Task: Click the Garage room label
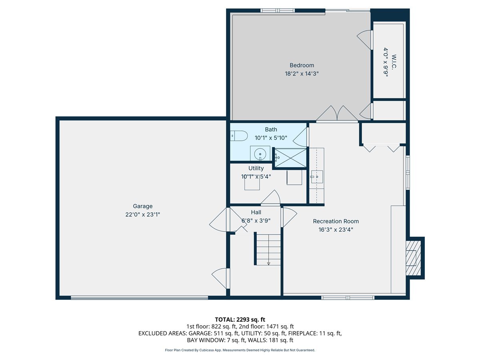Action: tap(142, 206)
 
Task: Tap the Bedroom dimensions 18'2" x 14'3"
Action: tap(302, 74)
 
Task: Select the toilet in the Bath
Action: tap(239, 136)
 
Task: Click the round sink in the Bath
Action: tap(260, 154)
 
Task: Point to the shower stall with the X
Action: tap(290, 158)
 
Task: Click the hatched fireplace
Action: tap(413, 258)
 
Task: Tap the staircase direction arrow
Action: tap(268, 263)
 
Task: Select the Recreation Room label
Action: tap(336, 221)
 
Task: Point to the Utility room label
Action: tap(256, 168)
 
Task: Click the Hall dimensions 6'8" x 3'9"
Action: tap(256, 220)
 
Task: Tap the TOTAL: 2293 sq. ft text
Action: tap(240, 320)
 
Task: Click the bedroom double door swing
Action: tap(337, 113)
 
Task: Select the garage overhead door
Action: tap(139, 298)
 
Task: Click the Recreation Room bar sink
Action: tap(317, 177)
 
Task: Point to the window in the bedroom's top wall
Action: tap(277, 10)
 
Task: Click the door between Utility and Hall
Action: tap(270, 198)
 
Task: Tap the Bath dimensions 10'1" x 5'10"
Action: tap(271, 138)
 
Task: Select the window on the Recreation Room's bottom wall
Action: tap(348, 298)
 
